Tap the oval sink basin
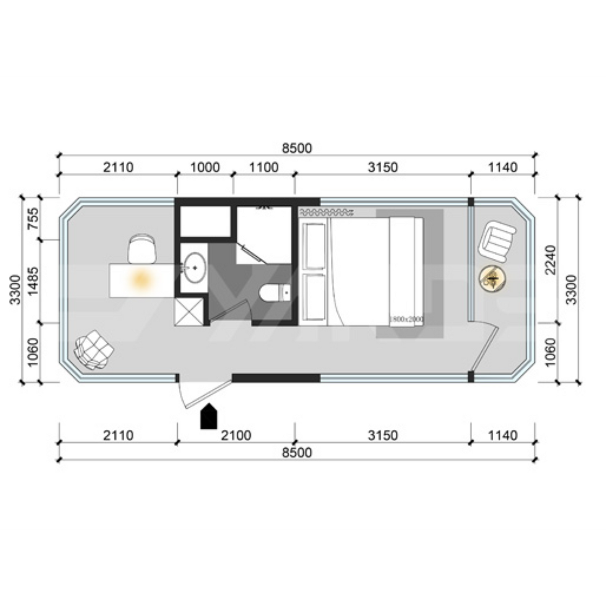point(194,267)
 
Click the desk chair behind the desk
point(142,249)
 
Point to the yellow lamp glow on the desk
point(139,279)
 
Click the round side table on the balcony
point(493,278)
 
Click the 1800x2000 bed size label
point(406,320)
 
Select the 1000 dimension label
point(205,167)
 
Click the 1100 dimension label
point(264,167)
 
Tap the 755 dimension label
point(32,218)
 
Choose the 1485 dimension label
point(32,281)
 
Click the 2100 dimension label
point(236,435)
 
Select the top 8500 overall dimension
point(297,148)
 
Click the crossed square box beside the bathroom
point(188,310)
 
